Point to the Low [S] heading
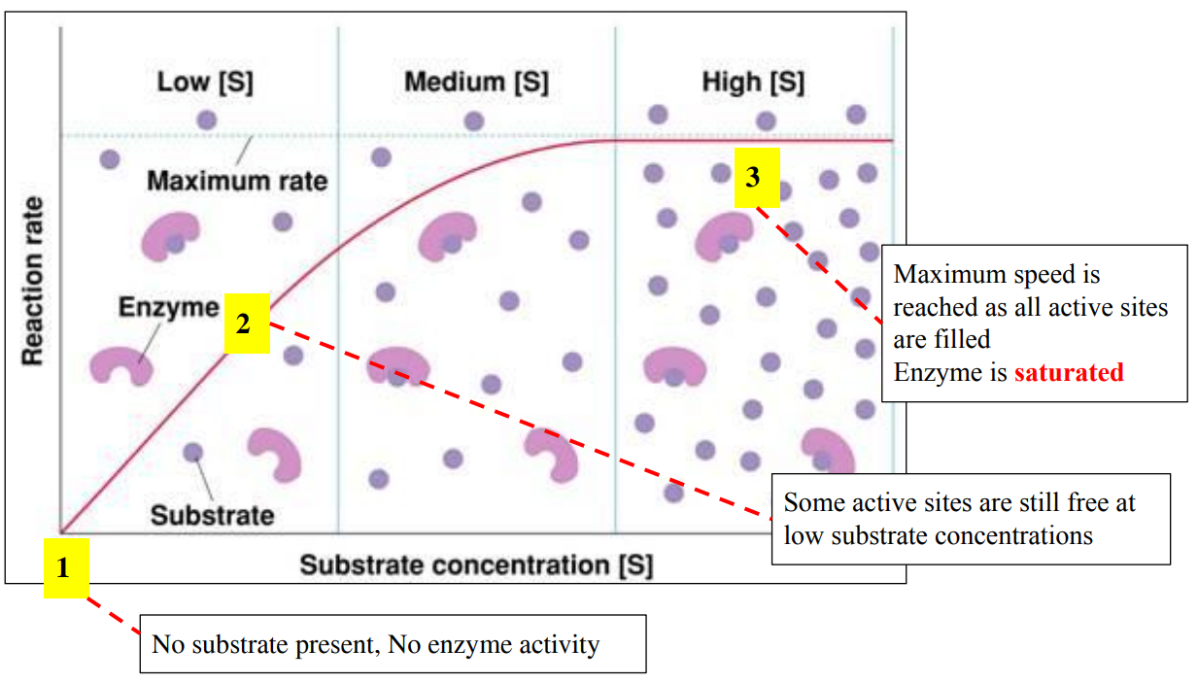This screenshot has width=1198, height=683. click(205, 82)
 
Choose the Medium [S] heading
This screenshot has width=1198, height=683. click(476, 82)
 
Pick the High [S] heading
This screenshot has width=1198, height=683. click(753, 82)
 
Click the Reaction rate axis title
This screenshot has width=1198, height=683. click(33, 282)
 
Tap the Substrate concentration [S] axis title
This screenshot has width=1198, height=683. click(476, 564)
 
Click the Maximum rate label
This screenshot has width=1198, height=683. click(237, 181)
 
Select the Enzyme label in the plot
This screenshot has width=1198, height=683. click(169, 308)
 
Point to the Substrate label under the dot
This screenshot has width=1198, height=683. click(212, 514)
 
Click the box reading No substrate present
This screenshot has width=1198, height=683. click(393, 643)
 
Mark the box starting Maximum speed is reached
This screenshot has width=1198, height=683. click(1034, 323)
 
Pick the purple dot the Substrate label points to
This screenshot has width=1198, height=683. click(192, 452)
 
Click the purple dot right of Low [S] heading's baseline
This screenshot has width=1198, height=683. click(206, 120)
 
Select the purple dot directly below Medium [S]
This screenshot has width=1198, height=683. click(473, 121)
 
